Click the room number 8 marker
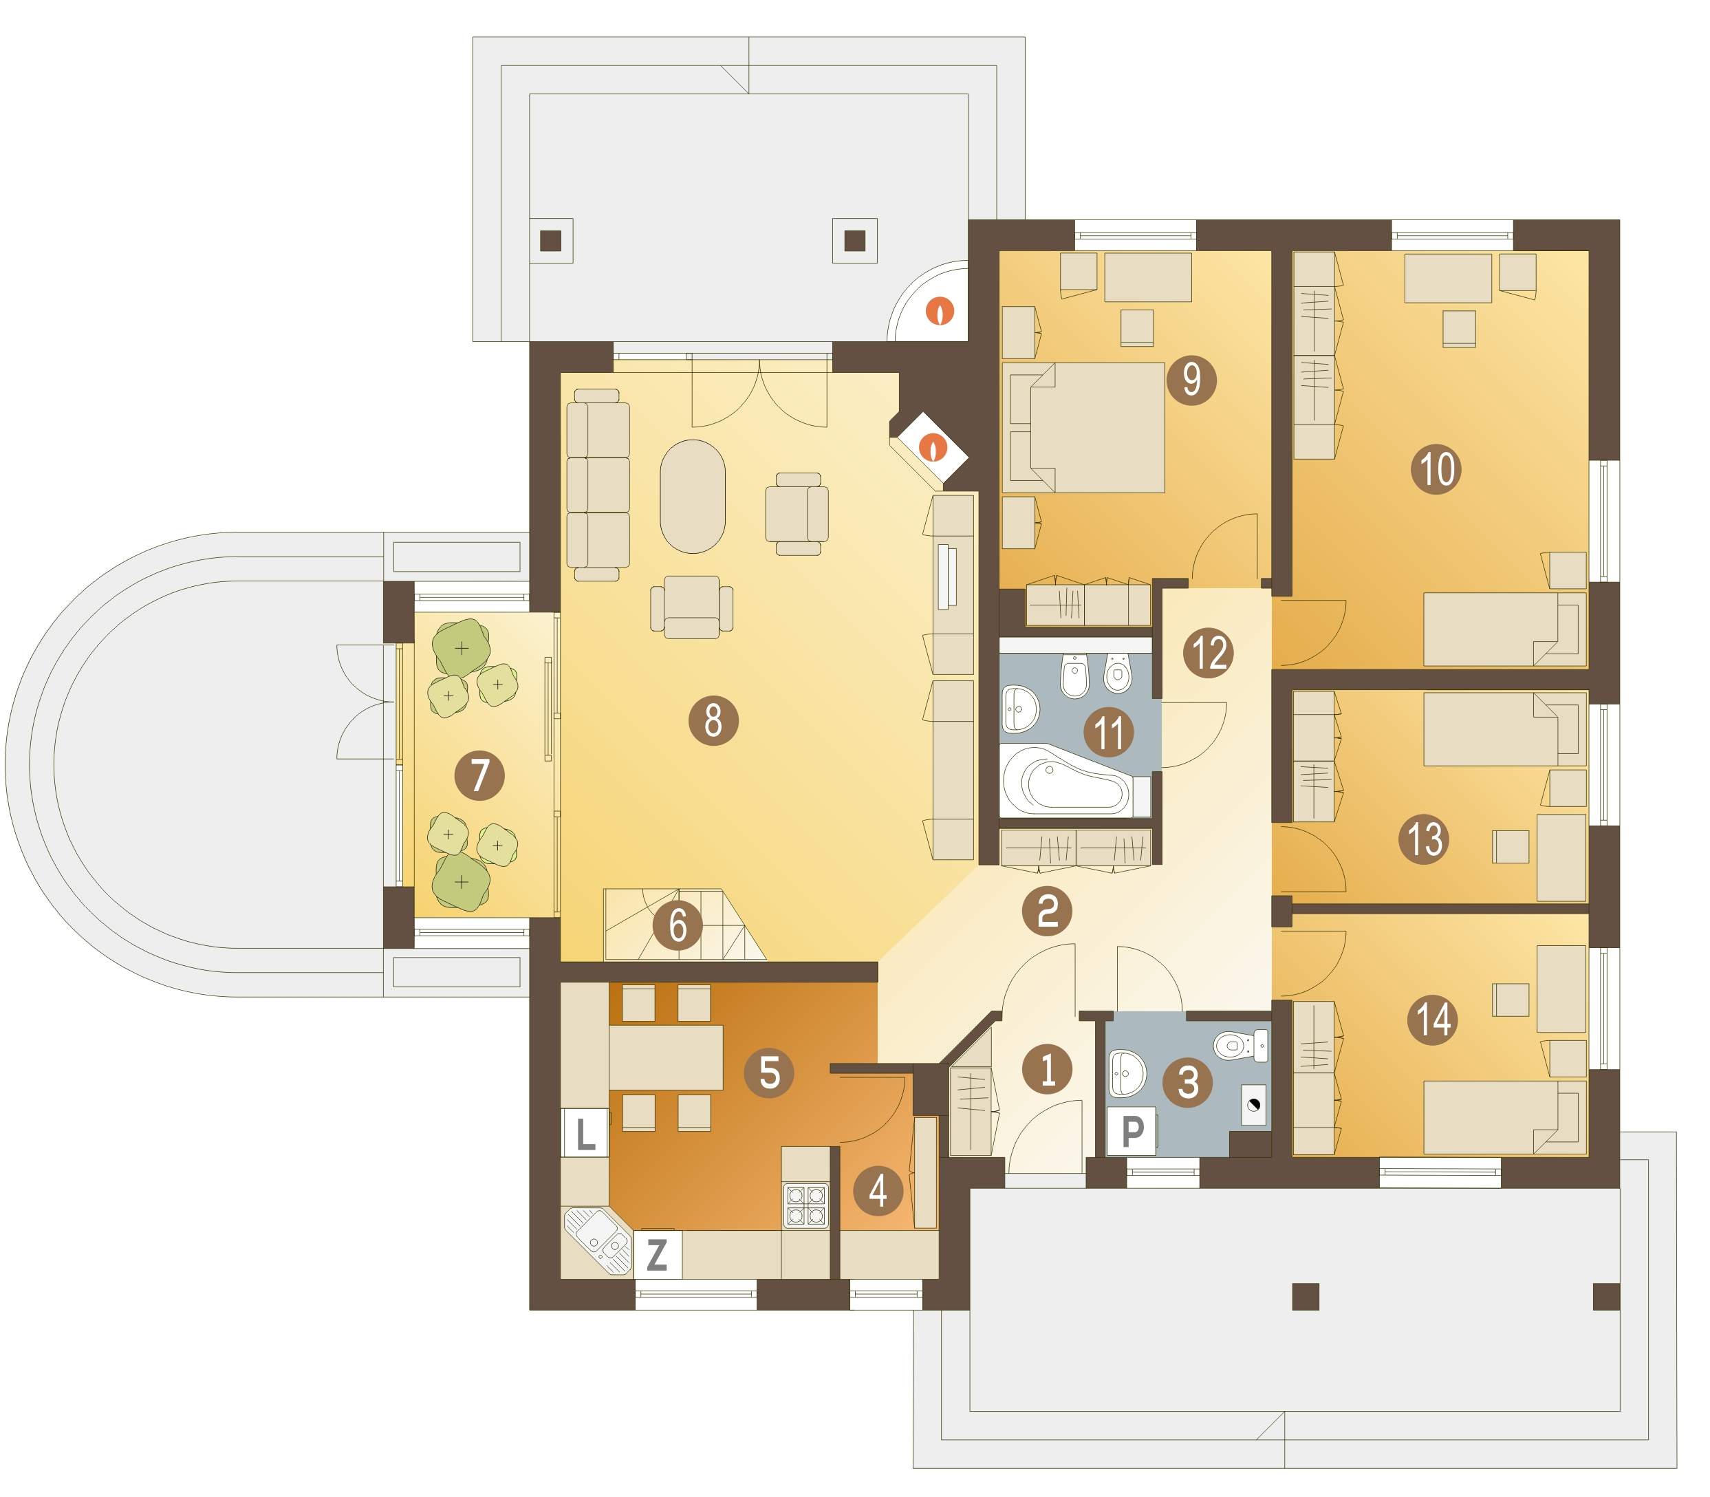[713, 720]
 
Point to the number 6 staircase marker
[678, 925]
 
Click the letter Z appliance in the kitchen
[658, 1254]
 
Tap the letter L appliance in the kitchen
[585, 1132]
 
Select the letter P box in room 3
[1131, 1131]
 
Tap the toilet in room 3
[1240, 1045]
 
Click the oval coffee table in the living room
[693, 496]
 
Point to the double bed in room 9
[1087, 427]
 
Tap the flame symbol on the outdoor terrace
[940, 311]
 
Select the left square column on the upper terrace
[550, 241]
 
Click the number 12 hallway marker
[1208, 652]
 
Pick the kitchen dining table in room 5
[666, 1057]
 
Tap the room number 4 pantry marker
[877, 1190]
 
